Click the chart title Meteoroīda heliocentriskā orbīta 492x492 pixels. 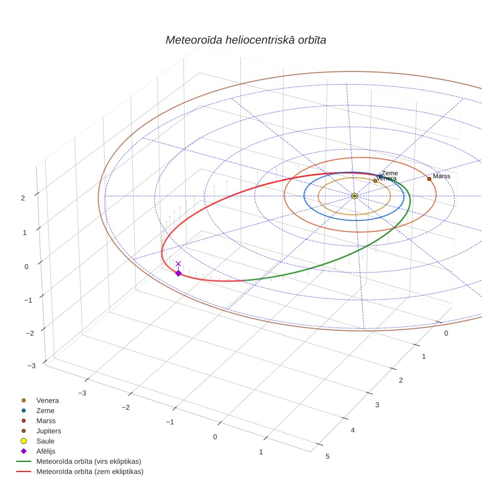[245, 40]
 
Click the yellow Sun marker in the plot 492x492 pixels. [354, 196]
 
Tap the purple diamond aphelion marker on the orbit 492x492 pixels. [178, 273]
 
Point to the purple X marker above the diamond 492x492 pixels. [178, 263]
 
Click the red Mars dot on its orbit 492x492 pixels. [429, 179]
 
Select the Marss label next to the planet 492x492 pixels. [441, 176]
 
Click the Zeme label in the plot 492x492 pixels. [390, 173]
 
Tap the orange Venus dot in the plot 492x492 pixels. [375, 181]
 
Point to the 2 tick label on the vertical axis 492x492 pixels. [23, 198]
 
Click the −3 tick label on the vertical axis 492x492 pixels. [32, 365]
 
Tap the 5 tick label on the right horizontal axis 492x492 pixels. [328, 456]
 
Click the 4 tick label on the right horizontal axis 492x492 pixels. [353, 430]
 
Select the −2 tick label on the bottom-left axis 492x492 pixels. [126, 407]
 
